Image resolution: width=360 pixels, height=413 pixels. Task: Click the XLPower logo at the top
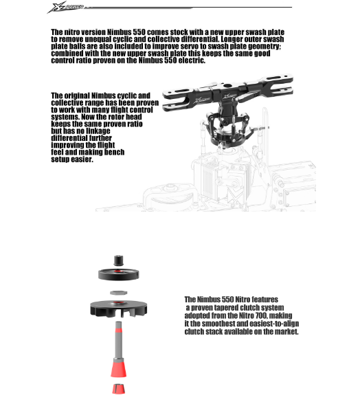65,8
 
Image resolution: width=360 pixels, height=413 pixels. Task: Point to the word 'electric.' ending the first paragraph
192,60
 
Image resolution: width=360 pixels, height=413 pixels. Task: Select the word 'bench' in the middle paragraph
114,153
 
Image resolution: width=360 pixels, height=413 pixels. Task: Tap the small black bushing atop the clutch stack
119,260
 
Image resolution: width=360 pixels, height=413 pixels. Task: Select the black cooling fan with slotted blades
118,308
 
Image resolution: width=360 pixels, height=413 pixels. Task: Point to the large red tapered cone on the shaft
118,369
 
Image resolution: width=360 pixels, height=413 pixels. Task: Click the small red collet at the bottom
118,389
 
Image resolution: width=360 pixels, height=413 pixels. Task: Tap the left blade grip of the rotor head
179,100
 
